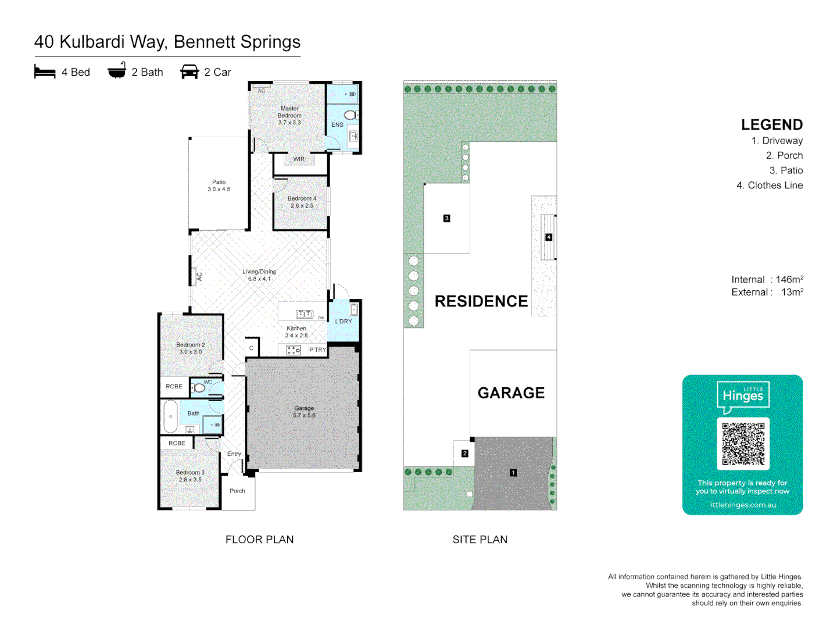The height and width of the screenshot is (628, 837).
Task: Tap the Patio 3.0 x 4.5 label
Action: [x=219, y=185]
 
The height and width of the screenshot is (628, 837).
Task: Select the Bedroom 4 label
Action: [x=302, y=202]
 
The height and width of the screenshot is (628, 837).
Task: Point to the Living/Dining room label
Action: [x=259, y=275]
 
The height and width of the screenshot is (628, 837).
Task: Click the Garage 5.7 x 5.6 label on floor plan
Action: [x=304, y=412]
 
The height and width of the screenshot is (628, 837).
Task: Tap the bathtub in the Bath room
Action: [x=170, y=416]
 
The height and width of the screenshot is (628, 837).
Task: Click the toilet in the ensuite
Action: [x=350, y=115]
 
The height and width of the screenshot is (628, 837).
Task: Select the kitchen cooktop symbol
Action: [x=294, y=350]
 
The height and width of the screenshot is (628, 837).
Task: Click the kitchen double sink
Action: [x=305, y=314]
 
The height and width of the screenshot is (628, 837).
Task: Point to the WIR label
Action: [x=299, y=159]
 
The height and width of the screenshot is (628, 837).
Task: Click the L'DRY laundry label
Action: [x=344, y=321]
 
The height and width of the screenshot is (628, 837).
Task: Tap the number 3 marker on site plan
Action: [x=446, y=219]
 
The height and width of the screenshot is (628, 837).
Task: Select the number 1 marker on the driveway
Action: [x=513, y=473]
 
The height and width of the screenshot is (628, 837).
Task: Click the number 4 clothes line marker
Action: [x=548, y=237]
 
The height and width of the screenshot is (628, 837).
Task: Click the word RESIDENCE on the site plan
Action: [x=481, y=301]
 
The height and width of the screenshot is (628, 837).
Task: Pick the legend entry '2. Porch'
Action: [x=784, y=155]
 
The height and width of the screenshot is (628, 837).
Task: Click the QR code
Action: [x=743, y=444]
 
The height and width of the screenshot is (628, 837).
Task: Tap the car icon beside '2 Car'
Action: [x=189, y=72]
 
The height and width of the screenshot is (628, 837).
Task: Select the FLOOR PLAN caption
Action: [x=259, y=540]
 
